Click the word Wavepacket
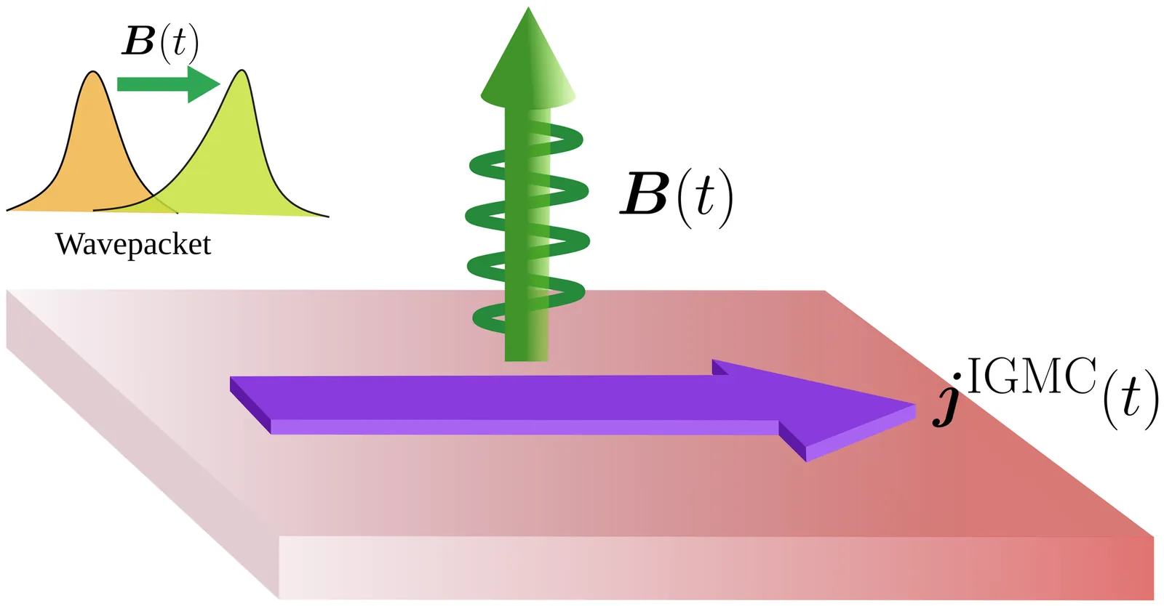click(x=133, y=245)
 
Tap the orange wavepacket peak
click(x=93, y=80)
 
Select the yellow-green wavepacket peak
click(x=242, y=80)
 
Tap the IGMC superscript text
click(x=1032, y=376)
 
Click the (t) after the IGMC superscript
click(x=1130, y=400)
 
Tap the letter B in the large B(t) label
click(x=645, y=195)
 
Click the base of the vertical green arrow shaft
click(x=526, y=352)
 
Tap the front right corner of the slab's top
click(x=1152, y=538)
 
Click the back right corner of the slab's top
click(x=824, y=291)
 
